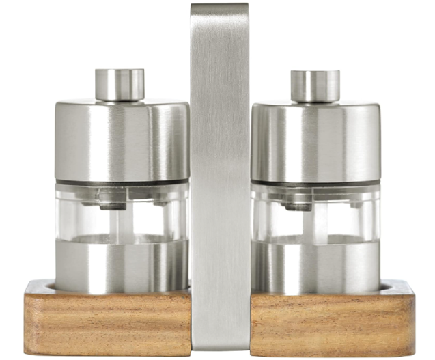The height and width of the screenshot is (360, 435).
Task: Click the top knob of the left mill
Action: pyautogui.click(x=120, y=84)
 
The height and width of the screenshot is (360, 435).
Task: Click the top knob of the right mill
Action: pyautogui.click(x=315, y=85)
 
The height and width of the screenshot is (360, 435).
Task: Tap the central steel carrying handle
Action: pyautogui.click(x=220, y=171)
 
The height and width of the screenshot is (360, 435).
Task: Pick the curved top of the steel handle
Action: pyautogui.click(x=220, y=10)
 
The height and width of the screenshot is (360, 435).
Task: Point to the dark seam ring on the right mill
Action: pyautogui.click(x=315, y=184)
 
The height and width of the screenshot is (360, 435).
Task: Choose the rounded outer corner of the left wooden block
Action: pyautogui.click(x=29, y=287)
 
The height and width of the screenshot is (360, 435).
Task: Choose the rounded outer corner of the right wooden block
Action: pyautogui.click(x=410, y=287)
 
